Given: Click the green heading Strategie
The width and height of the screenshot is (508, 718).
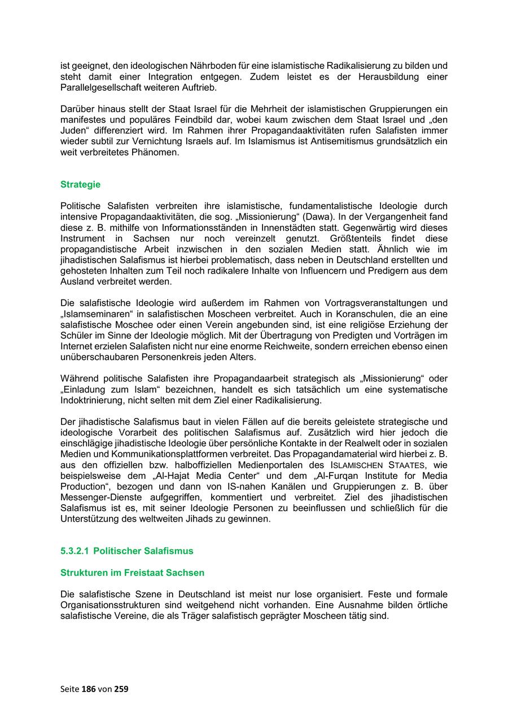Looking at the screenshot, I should (80, 184).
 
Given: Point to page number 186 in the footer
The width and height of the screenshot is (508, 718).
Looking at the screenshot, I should (89, 689).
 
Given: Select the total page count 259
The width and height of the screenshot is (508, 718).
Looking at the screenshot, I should (121, 689).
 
